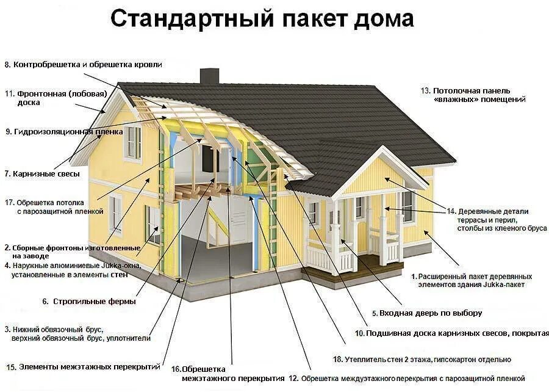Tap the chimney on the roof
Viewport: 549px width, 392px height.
tap(209, 76)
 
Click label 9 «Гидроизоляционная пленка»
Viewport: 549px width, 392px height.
tap(64, 131)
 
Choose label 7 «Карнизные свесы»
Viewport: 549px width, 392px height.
tap(42, 174)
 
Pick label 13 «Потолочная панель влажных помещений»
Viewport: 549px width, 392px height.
tap(473, 95)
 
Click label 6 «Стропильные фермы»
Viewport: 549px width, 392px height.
tap(88, 301)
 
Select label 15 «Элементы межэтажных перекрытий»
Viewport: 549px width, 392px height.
tap(84, 367)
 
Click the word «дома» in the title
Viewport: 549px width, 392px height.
tap(384, 19)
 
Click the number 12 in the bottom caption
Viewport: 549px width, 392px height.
tap(293, 379)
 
